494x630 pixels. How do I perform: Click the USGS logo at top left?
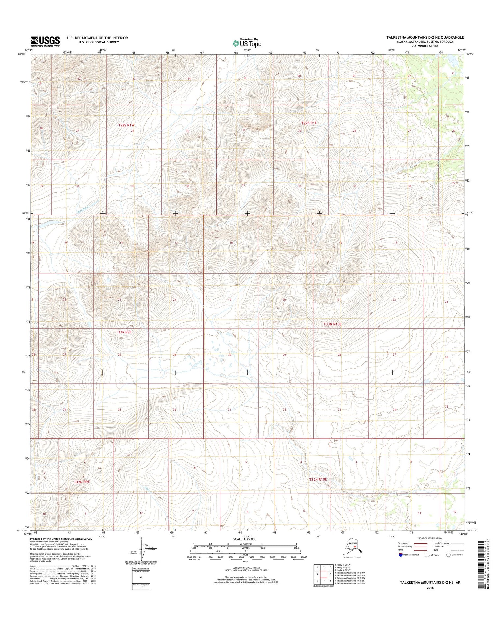click(x=45, y=41)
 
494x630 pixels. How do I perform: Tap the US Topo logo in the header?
click(x=247, y=43)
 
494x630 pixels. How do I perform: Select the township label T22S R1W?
click(x=126, y=125)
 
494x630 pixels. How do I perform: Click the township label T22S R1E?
click(x=309, y=123)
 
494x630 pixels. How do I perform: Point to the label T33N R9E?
click(x=123, y=332)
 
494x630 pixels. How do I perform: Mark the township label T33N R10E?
click(x=332, y=324)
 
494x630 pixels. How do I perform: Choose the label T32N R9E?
click(x=82, y=482)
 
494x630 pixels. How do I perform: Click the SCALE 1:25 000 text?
click(x=244, y=539)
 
